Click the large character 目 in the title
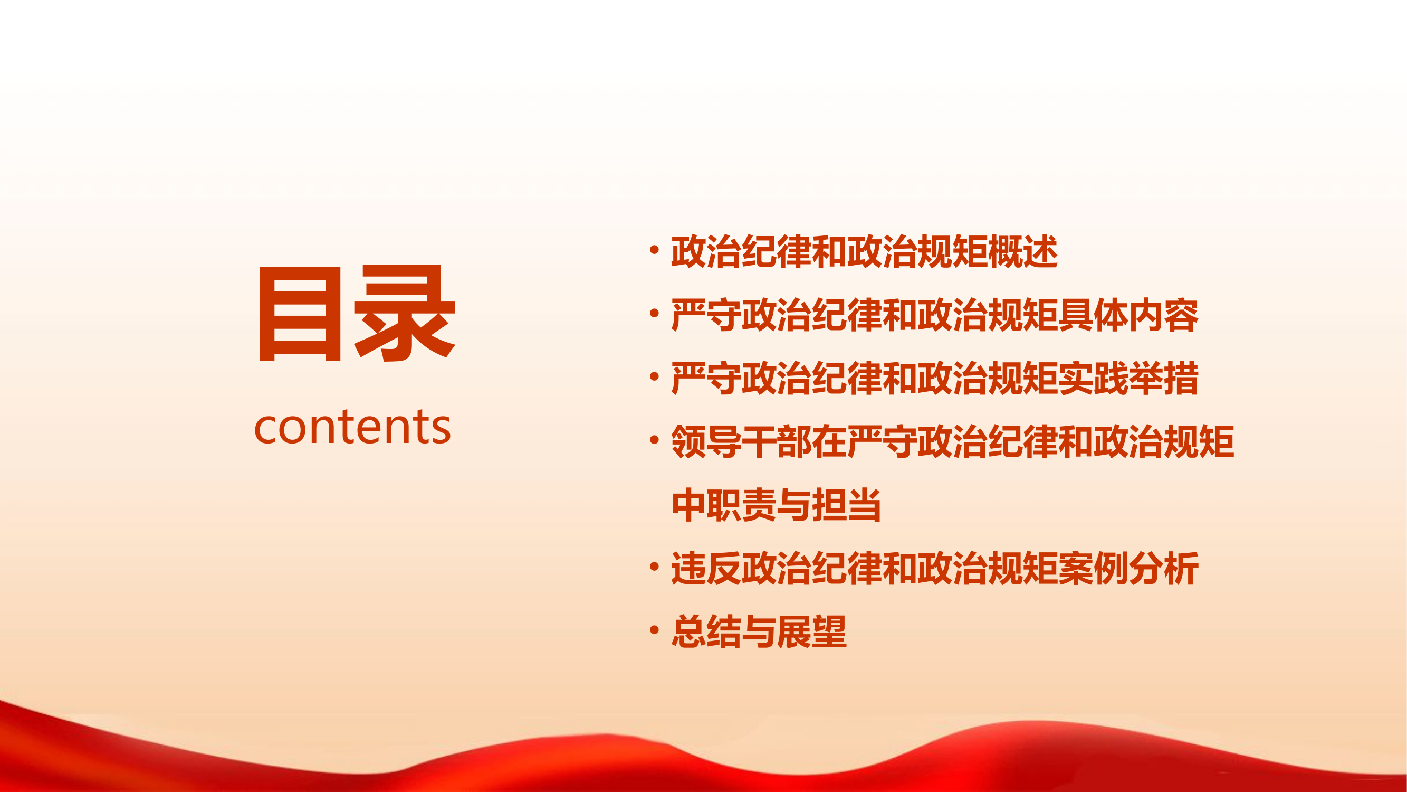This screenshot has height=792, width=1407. (x=300, y=314)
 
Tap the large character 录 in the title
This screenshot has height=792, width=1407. (x=404, y=314)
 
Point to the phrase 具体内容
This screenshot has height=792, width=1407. (x=1128, y=315)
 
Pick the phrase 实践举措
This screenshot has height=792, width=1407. (x=1128, y=379)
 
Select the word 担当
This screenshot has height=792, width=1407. (x=847, y=505)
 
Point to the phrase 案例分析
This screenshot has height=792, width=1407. (x=1128, y=569)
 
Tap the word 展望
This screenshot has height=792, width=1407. (x=811, y=632)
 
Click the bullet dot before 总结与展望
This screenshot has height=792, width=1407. (x=654, y=630)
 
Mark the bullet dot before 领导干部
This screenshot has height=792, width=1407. (x=654, y=440)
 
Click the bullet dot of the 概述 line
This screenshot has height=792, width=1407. (x=654, y=250)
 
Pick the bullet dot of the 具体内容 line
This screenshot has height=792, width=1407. (x=654, y=314)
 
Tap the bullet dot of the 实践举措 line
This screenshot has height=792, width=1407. (x=654, y=377)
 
